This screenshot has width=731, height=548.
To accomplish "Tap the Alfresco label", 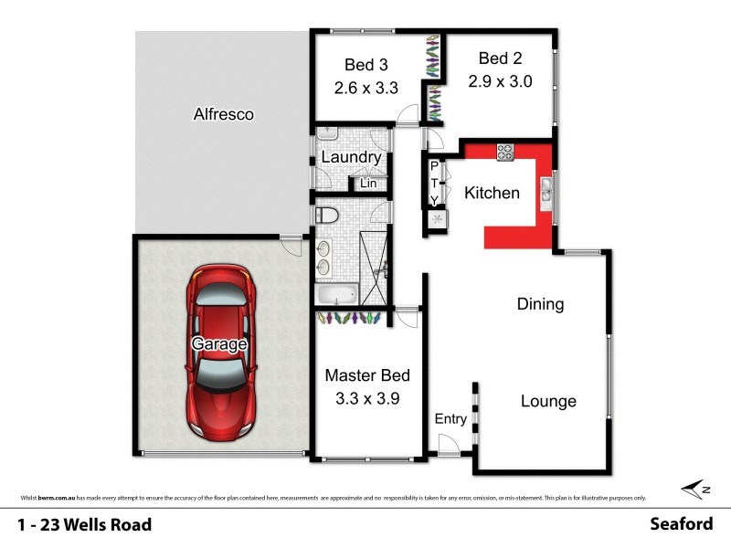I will click(223, 115).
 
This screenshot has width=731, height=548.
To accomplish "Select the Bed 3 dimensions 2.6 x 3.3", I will click(365, 90).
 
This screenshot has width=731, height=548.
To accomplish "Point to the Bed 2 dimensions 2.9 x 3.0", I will click(500, 80).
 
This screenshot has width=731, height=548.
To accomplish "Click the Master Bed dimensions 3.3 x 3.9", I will click(367, 398).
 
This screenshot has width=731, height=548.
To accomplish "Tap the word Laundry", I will click(351, 157).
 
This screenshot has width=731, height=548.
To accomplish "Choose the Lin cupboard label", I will click(368, 184).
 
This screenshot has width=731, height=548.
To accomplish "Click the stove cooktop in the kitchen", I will click(505, 152).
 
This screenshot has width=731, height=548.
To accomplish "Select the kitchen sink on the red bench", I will click(546, 189).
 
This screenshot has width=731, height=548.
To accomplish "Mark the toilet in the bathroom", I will click(326, 216).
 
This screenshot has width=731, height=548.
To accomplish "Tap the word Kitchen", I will click(492, 193).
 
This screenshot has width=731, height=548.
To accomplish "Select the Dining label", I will click(540, 304).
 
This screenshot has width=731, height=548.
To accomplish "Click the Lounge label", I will click(548, 401).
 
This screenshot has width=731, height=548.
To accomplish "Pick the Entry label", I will click(450, 419).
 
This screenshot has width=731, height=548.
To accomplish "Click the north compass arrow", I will click(696, 489).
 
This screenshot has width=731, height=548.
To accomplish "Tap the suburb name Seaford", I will click(681, 524).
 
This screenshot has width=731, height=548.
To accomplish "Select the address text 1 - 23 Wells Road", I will click(84, 524).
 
